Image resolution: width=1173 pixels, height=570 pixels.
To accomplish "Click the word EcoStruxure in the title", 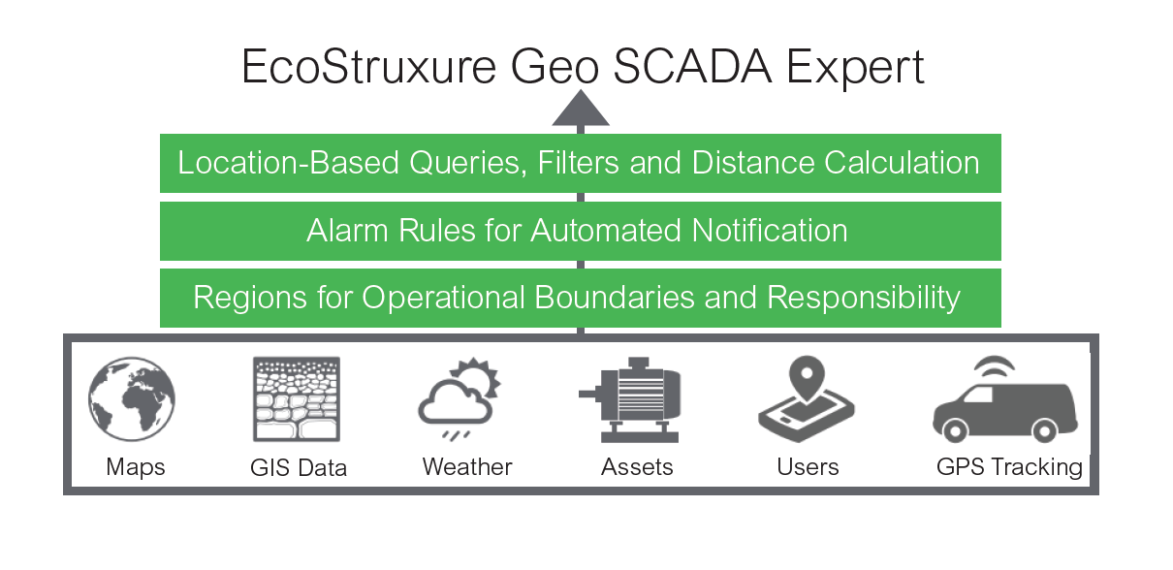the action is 368,67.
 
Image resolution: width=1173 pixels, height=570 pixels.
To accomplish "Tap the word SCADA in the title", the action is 692,67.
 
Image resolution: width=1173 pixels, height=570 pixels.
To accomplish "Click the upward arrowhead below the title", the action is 581,108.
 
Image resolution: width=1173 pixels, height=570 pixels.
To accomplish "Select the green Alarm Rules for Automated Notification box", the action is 581,231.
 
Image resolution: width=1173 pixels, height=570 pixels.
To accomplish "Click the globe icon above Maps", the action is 132,399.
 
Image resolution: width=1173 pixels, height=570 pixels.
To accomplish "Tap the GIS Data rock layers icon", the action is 297,399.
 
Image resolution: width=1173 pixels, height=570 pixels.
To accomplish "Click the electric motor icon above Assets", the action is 629,400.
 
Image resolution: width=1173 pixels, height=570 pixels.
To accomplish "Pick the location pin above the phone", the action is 807,378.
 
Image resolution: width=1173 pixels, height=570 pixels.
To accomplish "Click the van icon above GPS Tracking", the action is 1005,412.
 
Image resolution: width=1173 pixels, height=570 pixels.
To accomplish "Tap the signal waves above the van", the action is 994,367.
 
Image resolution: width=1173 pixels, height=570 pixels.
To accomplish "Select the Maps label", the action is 136,467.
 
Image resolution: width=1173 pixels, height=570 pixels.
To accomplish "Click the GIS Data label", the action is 299,467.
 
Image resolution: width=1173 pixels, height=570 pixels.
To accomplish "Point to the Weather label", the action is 467,467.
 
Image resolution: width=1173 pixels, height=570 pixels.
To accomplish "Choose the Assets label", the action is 637,467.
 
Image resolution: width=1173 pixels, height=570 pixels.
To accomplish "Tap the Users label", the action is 808,467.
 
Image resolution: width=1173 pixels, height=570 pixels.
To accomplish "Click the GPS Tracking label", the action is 1009,467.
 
